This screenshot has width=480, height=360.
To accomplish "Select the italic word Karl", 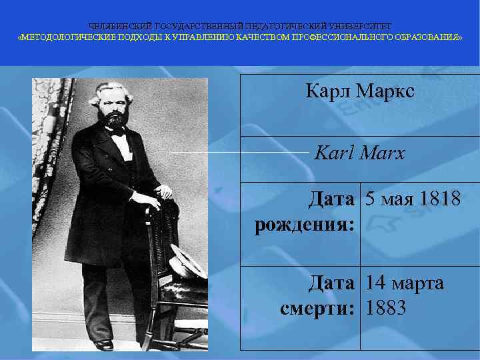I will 333,153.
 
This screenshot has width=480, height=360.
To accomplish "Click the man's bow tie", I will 119,133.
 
